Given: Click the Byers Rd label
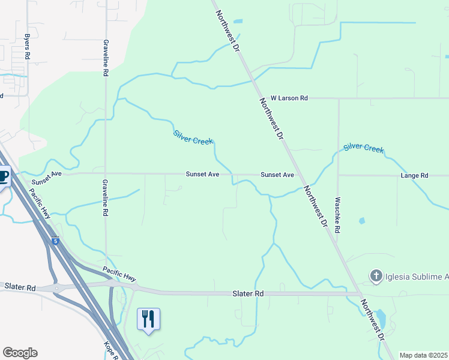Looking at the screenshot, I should click(27, 46).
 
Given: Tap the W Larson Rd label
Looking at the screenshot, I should click(289, 98).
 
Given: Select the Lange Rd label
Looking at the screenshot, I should click(415, 175).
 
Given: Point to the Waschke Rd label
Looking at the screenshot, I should click(338, 215).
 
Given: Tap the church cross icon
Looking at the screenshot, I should click(376, 276).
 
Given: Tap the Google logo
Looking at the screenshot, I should click(20, 353).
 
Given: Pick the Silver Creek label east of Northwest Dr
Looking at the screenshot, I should click(363, 148).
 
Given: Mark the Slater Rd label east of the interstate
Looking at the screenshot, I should click(248, 293).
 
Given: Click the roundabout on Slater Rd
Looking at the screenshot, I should click(57, 288).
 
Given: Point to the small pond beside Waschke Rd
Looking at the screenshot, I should click(361, 221).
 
